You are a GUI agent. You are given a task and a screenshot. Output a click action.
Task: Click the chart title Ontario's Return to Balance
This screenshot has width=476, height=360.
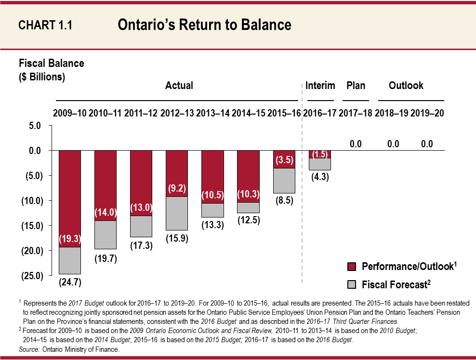[x=204, y=25]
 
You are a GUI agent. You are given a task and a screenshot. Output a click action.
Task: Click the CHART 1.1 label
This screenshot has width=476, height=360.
[x=45, y=26]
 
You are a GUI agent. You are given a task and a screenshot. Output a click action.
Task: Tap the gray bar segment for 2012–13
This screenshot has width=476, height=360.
[x=177, y=213]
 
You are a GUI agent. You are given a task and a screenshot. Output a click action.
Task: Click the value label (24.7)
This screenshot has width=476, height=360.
[x=70, y=283]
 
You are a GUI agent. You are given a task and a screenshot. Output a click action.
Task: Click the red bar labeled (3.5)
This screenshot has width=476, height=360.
[x=284, y=159]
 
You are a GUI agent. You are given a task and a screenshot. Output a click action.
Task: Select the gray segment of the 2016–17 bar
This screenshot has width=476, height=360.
[x=319, y=164]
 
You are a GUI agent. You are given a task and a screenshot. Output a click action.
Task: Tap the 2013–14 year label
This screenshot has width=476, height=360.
[x=212, y=114]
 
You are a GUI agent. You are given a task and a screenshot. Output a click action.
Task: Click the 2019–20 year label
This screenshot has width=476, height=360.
[x=427, y=114]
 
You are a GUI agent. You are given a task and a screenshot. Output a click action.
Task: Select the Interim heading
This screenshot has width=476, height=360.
[x=320, y=86]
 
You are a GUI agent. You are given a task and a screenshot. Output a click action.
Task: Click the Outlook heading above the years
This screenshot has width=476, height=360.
[x=406, y=86]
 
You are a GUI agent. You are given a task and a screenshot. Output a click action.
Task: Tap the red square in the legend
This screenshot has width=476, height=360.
[x=352, y=267]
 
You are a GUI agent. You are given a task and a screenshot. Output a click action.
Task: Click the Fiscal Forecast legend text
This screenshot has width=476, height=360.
[x=396, y=284]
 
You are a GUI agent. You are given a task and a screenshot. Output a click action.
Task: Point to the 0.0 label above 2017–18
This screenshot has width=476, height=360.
[x=355, y=143]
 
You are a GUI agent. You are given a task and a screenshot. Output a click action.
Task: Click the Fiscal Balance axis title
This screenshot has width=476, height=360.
[x=51, y=64]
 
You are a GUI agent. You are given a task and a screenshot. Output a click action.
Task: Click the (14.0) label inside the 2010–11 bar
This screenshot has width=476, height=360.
[x=106, y=212]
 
